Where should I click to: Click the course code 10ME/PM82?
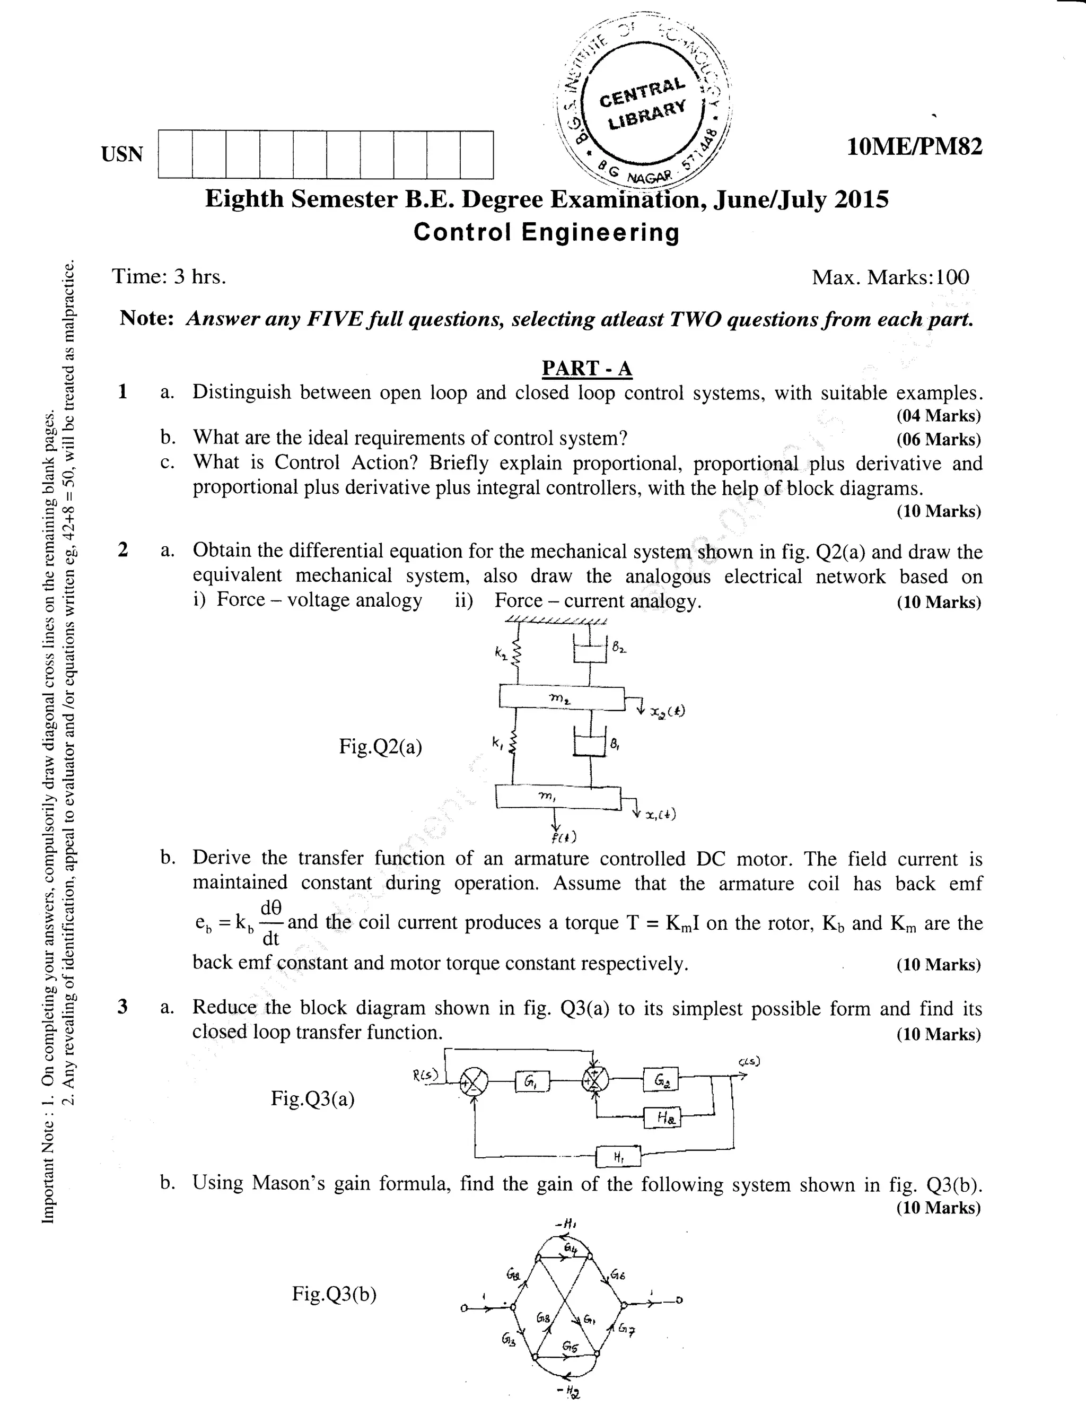tap(915, 147)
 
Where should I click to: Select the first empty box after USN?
tap(175, 154)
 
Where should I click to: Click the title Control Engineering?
tap(546, 232)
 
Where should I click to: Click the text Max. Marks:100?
tap(890, 277)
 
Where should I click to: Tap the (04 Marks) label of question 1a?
tap(938, 416)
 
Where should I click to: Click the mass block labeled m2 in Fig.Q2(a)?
tap(562, 698)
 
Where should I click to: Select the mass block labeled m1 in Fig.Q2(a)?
tap(557, 798)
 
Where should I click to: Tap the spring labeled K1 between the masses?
tap(514, 744)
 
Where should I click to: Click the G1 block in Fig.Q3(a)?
tap(532, 1083)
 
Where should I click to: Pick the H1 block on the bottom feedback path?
tap(618, 1157)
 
